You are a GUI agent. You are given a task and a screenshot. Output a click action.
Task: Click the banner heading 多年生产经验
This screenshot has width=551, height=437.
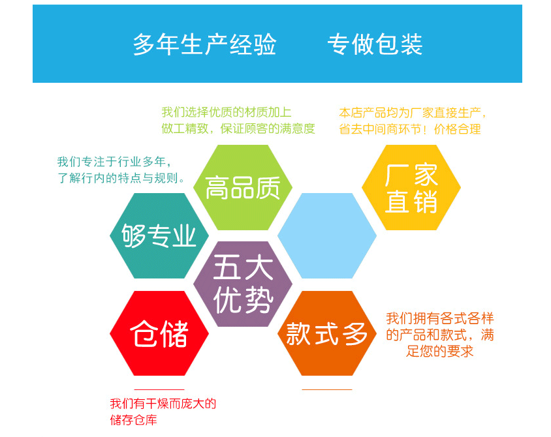pyautogui.click(x=205, y=44)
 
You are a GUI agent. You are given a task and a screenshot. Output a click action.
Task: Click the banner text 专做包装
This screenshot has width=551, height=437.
pyautogui.click(x=375, y=44)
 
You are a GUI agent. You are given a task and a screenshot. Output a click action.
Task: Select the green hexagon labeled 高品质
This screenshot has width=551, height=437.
pyautogui.click(x=243, y=187)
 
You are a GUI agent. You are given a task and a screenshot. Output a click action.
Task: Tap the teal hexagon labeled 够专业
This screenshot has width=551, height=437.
pyautogui.click(x=159, y=235)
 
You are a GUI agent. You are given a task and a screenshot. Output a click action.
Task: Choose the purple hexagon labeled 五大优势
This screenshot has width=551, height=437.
pyautogui.click(x=243, y=284)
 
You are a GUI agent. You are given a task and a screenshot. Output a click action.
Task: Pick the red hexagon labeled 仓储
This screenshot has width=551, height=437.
pyautogui.click(x=159, y=333)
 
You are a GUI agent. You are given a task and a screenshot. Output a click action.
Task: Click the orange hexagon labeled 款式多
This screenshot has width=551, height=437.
pyautogui.click(x=327, y=333)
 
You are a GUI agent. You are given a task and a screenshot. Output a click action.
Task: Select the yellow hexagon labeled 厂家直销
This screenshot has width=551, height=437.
pyautogui.click(x=411, y=187)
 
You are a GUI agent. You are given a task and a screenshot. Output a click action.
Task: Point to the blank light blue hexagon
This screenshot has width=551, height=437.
pyautogui.click(x=327, y=235)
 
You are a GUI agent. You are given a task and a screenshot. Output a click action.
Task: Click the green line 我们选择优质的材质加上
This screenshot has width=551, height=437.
pyautogui.click(x=227, y=112)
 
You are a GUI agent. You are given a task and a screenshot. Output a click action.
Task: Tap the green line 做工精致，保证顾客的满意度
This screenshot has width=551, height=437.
pyautogui.click(x=238, y=128)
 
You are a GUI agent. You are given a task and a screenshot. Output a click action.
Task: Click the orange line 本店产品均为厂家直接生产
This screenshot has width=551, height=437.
pyautogui.click(x=413, y=112)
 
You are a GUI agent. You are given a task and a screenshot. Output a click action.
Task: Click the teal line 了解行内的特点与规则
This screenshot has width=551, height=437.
pyautogui.click(x=121, y=177)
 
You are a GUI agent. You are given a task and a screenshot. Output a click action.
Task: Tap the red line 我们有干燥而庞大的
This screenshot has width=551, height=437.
pyautogui.click(x=163, y=404)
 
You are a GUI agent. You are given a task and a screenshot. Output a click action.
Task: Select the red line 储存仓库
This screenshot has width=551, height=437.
pyautogui.click(x=134, y=420)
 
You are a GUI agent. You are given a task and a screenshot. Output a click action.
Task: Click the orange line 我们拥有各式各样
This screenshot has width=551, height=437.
pyautogui.click(x=440, y=319)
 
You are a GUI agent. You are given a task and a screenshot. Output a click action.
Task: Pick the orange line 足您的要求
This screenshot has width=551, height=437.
pyautogui.click(x=440, y=352)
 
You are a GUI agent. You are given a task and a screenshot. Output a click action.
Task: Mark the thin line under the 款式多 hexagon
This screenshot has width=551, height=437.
pyautogui.click(x=327, y=389)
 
